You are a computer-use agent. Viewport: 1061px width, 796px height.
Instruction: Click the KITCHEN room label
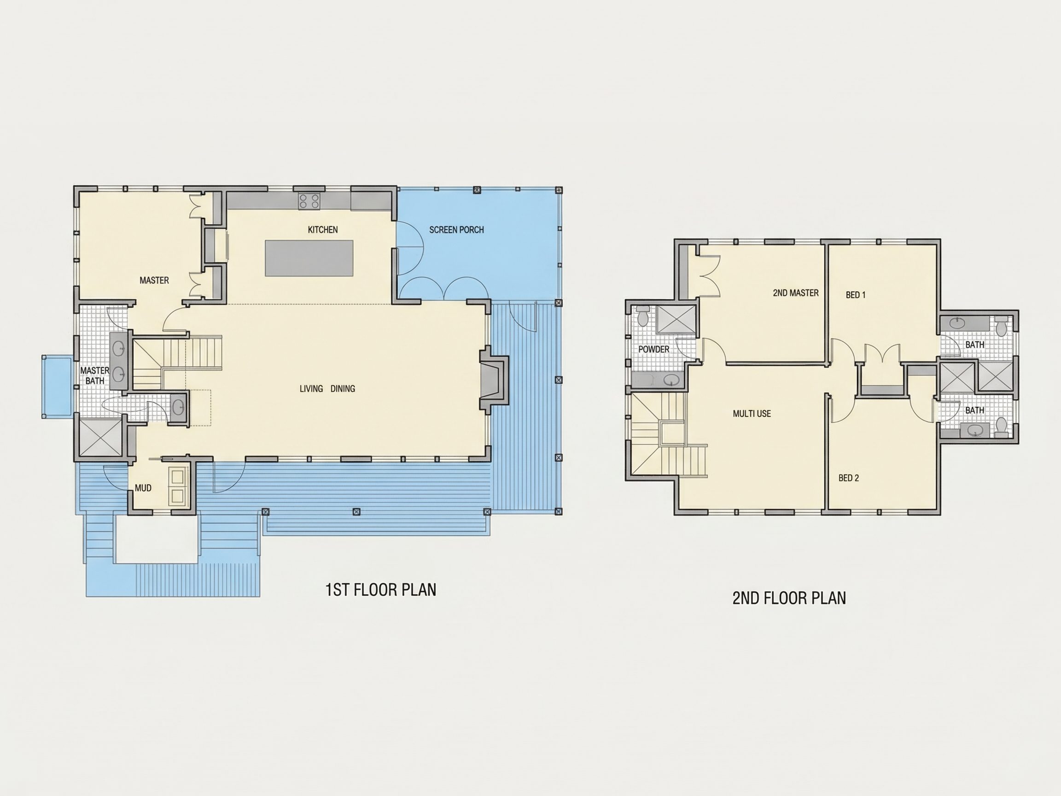[x=323, y=230]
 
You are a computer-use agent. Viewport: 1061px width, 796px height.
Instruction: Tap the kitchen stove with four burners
[x=309, y=201]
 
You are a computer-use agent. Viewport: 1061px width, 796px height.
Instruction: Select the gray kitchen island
[x=309, y=258]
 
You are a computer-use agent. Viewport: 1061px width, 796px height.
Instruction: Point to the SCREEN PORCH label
[x=456, y=230]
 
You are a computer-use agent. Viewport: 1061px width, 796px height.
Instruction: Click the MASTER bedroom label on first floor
[x=154, y=280]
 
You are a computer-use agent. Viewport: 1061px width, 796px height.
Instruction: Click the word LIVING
[x=311, y=389]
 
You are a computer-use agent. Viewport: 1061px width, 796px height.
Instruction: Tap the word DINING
[x=343, y=389]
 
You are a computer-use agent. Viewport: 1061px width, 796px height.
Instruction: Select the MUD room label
[x=143, y=488]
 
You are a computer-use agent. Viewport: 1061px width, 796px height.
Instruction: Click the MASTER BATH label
[x=94, y=376]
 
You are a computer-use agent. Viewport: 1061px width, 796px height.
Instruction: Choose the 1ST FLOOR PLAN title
[x=381, y=590]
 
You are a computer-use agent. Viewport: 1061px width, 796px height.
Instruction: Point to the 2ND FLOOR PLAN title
[x=789, y=598]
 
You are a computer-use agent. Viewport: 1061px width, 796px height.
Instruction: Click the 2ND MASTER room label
[x=796, y=293]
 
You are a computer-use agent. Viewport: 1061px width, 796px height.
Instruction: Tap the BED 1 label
[x=856, y=295]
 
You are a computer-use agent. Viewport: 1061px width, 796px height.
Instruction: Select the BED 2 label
[x=849, y=478]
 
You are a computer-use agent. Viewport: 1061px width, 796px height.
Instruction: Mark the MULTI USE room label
[x=752, y=414]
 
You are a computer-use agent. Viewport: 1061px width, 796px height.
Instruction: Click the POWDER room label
[x=653, y=349]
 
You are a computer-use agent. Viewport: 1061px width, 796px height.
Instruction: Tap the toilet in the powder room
[x=643, y=316]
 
